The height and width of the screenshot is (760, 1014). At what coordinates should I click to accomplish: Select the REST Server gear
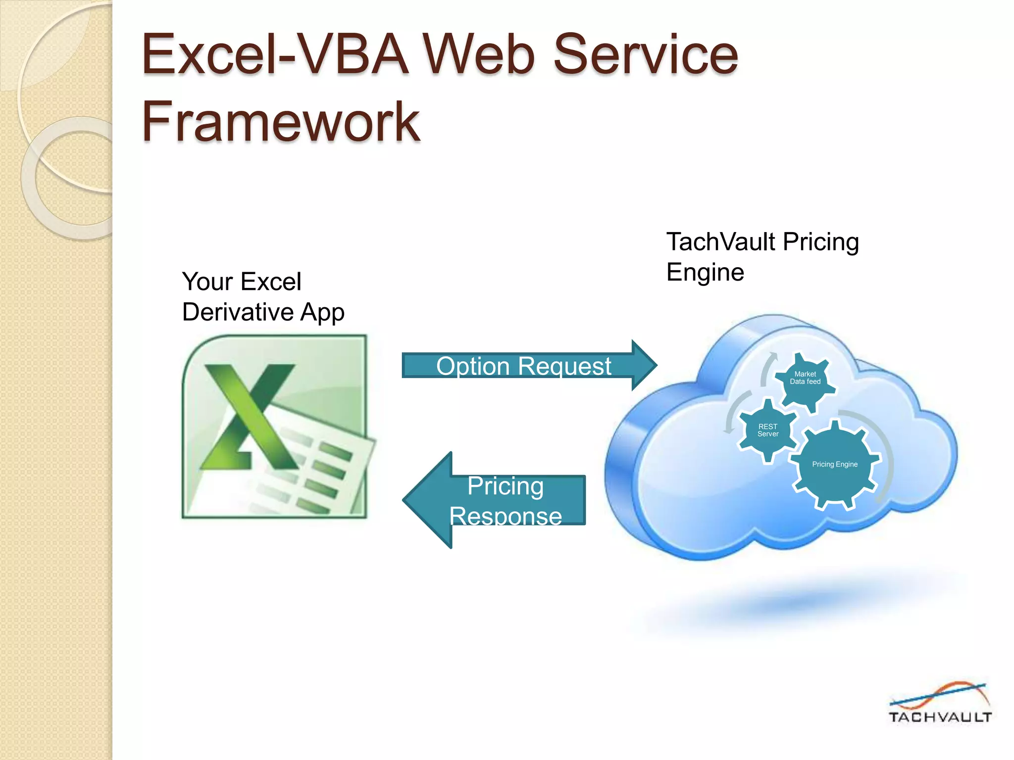pos(767,430)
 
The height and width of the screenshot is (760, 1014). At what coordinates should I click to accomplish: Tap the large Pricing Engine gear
pos(835,465)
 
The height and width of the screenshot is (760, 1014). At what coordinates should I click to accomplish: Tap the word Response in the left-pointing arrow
pos(506,516)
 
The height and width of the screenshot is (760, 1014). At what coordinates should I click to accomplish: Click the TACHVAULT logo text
pos(939,717)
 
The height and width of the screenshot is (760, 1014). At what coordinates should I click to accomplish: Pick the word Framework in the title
pos(281,122)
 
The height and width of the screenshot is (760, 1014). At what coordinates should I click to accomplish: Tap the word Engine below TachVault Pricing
pos(705,273)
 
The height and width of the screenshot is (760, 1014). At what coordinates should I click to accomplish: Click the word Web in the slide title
pos(478,54)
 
